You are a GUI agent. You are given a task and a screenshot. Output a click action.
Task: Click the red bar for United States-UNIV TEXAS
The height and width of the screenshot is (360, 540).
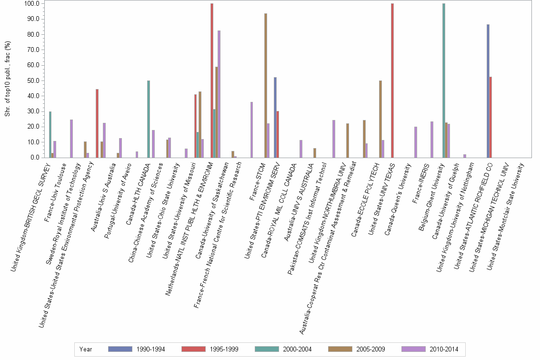pyautogui.click(x=392, y=80)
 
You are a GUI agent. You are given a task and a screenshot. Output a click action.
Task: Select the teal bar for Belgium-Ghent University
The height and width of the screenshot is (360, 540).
pyautogui.click(x=444, y=80)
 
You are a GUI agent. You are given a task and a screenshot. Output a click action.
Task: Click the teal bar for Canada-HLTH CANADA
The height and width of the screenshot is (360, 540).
pyautogui.click(x=149, y=119)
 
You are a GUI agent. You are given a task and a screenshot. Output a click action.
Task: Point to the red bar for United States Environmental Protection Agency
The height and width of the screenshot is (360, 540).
pyautogui.click(x=97, y=123)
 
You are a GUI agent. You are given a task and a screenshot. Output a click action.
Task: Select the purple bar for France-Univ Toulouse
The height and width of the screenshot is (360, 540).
pyautogui.click(x=71, y=139)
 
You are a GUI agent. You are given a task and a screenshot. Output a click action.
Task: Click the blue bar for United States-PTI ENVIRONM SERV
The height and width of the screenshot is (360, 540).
pyautogui.click(x=275, y=117)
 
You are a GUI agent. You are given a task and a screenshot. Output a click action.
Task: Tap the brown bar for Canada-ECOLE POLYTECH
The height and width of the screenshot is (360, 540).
pyautogui.click(x=380, y=119)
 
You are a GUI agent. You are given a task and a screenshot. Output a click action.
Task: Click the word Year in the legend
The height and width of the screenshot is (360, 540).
pyautogui.click(x=86, y=349)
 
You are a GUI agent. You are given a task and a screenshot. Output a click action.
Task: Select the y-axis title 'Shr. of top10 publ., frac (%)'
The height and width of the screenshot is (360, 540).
pyautogui.click(x=7, y=79)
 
